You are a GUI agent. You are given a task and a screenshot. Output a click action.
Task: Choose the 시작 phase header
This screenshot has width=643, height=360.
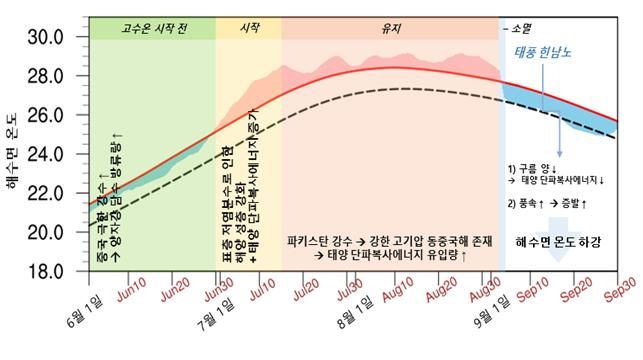[248, 27]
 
